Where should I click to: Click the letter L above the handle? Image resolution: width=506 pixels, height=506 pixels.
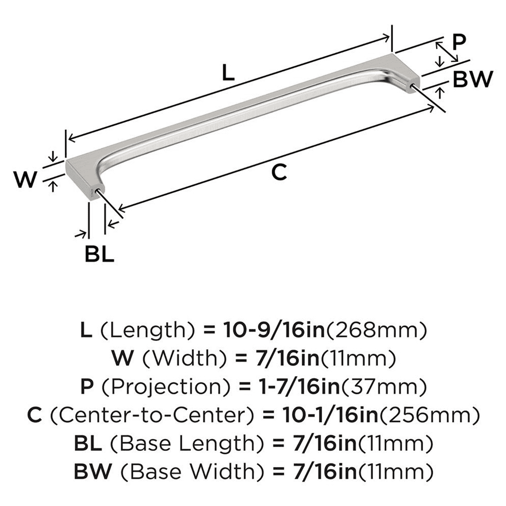pos(228,74)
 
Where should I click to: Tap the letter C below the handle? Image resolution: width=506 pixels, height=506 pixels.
pos(279,172)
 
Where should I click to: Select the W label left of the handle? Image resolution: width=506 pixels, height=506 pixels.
pos(24,179)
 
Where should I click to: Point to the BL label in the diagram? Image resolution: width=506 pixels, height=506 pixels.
pos(99,254)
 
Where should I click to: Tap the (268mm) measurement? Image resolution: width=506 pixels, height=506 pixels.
pos(384,331)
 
